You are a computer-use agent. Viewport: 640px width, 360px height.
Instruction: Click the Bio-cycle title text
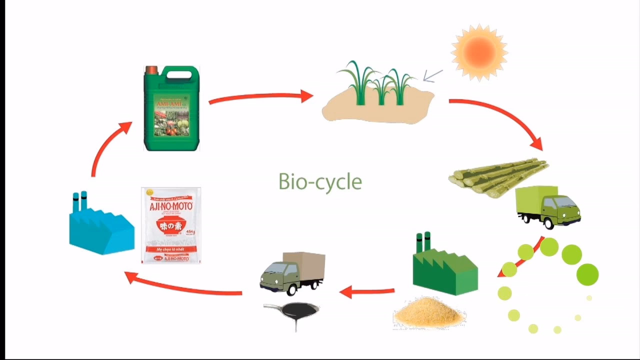click(x=320, y=181)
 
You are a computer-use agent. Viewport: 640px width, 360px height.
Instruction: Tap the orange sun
click(x=479, y=51)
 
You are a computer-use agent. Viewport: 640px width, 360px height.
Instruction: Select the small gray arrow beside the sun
click(x=433, y=76)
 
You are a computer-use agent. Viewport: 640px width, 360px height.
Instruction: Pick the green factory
click(x=444, y=267)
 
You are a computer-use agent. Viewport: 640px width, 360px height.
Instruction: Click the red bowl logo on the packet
click(x=171, y=226)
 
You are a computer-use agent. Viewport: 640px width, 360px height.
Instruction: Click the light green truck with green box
click(x=548, y=206)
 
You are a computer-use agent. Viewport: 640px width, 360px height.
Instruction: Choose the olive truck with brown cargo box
click(x=292, y=272)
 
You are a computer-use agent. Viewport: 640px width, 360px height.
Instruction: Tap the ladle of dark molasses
click(x=292, y=312)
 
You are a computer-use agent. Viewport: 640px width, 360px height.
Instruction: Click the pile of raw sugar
click(x=429, y=312)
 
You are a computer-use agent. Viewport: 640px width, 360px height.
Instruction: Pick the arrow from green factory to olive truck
click(x=367, y=291)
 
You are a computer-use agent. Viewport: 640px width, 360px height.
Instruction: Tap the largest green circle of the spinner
click(x=587, y=274)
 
